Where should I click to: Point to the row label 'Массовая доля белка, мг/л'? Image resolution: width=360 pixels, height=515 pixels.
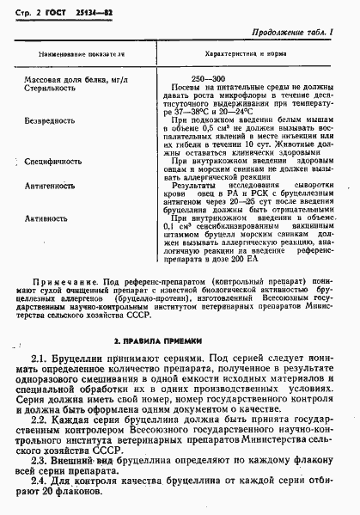pos(75,79)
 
